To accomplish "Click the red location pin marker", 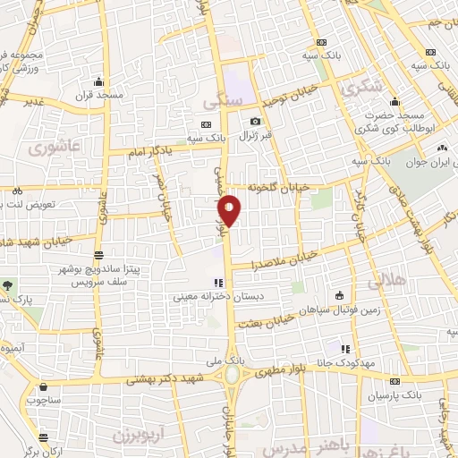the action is click(229, 209).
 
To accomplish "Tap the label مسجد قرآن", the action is click(96, 95).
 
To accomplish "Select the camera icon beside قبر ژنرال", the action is click(256, 122).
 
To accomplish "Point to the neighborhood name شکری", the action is click(361, 88).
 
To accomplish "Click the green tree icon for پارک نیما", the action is click(8, 285).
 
